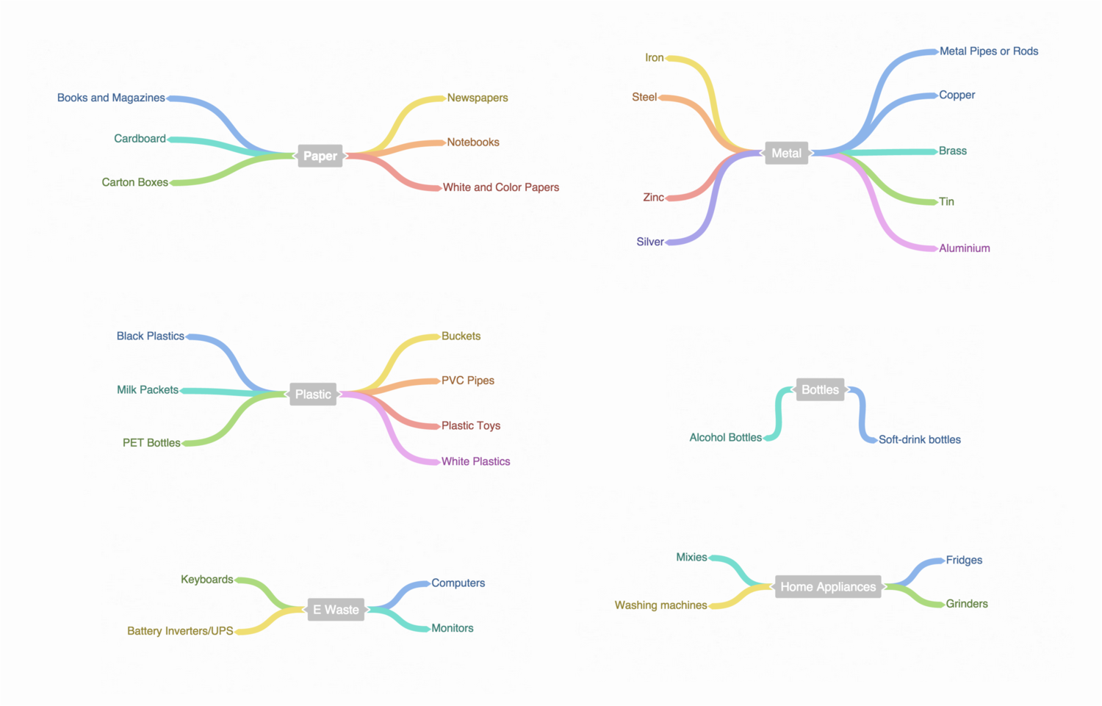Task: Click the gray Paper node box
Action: pos(320,156)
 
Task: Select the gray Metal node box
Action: pos(786,153)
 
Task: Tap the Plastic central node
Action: pos(313,394)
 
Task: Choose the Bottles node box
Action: pos(820,389)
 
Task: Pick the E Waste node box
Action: pos(336,610)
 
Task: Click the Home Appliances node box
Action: pos(828,586)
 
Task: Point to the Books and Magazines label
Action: pos(111,98)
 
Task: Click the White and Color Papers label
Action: pos(501,187)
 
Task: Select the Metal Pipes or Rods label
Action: pos(989,51)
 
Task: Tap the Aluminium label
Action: pos(964,248)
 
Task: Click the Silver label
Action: pos(650,242)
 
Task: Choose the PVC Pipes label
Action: pos(467,381)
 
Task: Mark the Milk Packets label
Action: pos(148,389)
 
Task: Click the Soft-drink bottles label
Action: pos(920,439)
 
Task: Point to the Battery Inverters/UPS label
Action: pos(180,631)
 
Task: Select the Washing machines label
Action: pos(660,605)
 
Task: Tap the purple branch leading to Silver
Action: pos(713,197)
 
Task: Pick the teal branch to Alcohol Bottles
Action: pos(778,414)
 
